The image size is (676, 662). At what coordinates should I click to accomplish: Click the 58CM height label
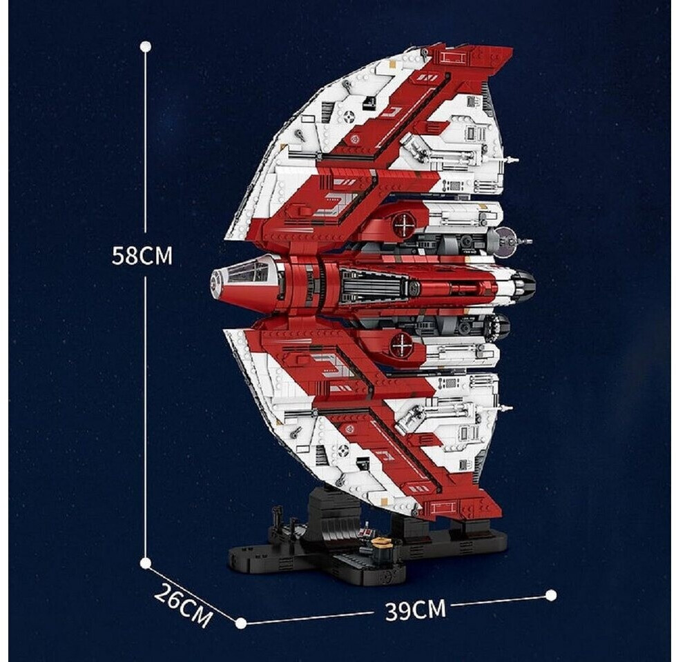tap(142, 256)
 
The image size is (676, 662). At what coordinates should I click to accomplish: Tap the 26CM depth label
tap(183, 605)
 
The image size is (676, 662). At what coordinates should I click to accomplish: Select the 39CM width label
tap(415, 610)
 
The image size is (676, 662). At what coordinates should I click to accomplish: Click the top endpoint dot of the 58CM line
tap(145, 46)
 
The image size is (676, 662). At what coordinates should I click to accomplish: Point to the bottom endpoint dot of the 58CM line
tap(145, 563)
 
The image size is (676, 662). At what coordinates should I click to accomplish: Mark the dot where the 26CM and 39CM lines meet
tap(240, 623)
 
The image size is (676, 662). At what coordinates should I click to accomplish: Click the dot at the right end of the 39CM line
tap(550, 594)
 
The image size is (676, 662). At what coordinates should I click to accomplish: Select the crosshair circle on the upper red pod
tap(402, 225)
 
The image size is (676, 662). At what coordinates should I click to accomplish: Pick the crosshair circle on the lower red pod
tap(401, 344)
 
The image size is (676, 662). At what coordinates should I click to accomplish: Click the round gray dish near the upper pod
tap(505, 239)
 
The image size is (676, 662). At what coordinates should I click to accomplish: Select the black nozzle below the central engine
tap(498, 327)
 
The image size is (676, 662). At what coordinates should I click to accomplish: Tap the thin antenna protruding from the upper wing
tap(510, 160)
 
